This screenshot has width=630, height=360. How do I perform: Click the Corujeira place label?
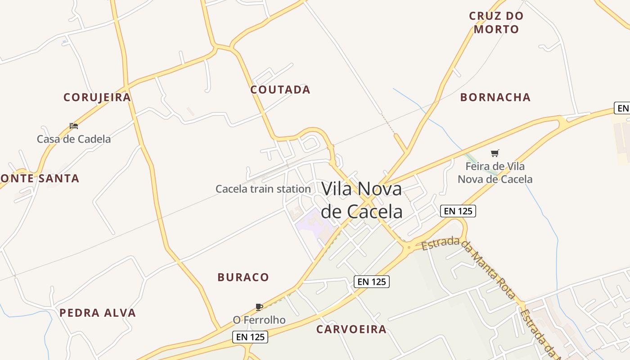(x=97, y=97)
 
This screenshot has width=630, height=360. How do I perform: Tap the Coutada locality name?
(x=280, y=90)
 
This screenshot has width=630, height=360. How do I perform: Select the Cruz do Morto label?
(x=496, y=22)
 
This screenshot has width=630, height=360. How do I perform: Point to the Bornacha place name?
(x=495, y=97)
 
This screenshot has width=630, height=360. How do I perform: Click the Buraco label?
(x=243, y=277)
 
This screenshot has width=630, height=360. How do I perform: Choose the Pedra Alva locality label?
(x=98, y=313)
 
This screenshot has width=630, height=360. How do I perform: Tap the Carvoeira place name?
(x=351, y=329)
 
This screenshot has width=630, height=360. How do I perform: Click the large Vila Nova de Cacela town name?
(x=361, y=200)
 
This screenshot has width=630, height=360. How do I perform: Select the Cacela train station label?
(x=263, y=189)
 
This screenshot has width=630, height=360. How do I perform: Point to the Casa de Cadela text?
(x=74, y=139)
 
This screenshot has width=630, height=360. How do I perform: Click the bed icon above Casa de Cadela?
(x=74, y=126)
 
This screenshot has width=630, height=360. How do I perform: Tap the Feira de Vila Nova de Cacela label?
(x=495, y=173)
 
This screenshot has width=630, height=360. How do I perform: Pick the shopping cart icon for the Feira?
(x=495, y=153)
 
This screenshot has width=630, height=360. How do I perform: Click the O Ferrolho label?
(x=259, y=320)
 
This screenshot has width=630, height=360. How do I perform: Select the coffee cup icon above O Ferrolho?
(x=259, y=307)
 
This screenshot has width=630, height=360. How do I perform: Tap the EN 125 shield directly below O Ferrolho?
(x=250, y=337)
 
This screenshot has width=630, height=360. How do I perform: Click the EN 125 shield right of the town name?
(x=458, y=211)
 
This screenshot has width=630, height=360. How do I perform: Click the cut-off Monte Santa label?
(x=40, y=179)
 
